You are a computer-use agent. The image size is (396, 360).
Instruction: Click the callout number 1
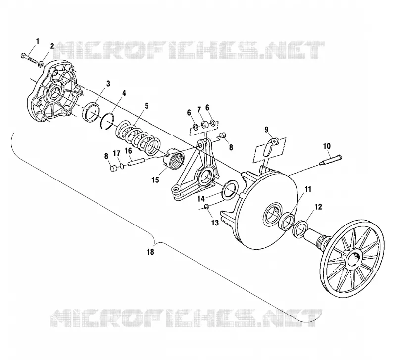tap(38, 41)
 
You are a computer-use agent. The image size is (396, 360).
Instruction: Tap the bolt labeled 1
tap(29, 58)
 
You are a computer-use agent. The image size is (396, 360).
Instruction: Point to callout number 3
tap(108, 83)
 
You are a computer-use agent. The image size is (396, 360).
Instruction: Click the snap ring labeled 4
tap(107, 121)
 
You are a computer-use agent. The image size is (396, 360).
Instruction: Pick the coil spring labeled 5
tap(138, 137)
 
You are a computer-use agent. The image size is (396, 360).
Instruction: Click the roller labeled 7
tap(204, 125)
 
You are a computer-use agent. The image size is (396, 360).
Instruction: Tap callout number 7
tap(199, 109)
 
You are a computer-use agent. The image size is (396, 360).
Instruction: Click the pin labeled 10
tap(330, 160)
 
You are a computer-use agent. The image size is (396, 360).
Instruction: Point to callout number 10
tap(327, 146)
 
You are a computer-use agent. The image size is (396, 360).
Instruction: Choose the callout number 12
tap(318, 207)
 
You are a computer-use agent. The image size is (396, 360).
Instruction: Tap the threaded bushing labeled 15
tap(174, 159)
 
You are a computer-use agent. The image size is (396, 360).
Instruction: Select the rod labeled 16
tap(136, 162)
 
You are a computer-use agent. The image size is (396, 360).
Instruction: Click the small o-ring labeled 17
tap(122, 166)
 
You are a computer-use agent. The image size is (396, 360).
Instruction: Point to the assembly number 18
tap(150, 252)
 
